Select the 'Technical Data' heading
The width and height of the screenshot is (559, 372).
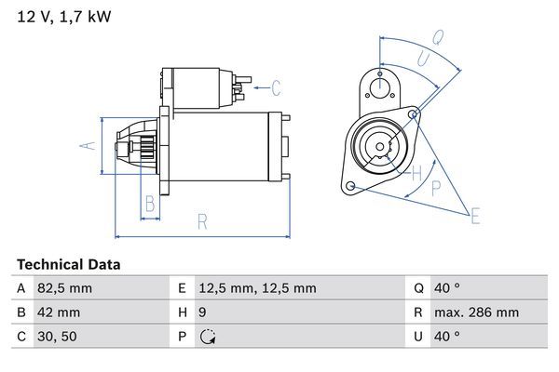[68, 265]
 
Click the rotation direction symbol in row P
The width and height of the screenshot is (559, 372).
[206, 337]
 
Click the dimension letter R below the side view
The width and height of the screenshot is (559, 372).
[202, 220]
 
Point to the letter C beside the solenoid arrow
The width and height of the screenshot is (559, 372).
[276, 89]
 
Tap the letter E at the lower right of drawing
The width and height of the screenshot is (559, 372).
[475, 218]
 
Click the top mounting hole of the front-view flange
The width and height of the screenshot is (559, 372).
[380, 86]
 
